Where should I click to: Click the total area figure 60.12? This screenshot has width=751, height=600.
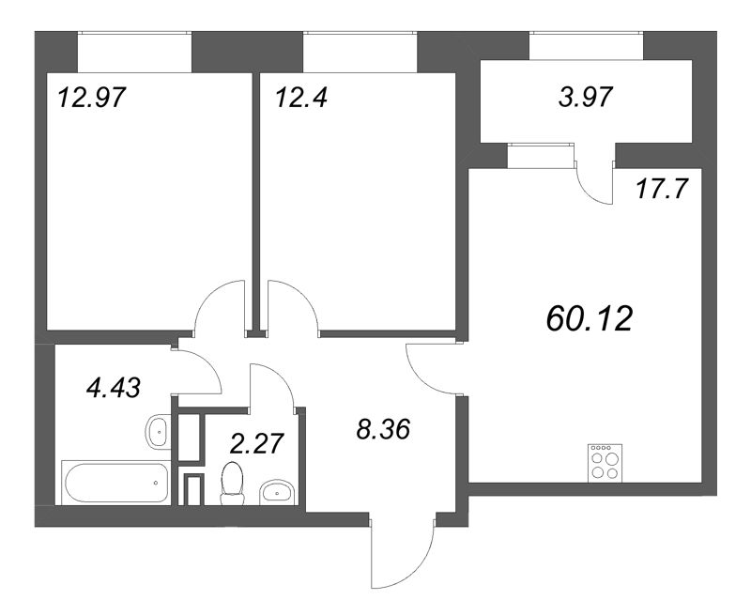click(590, 319)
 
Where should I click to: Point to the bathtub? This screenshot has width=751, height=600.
click(115, 483)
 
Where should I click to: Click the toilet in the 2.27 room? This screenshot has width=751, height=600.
click(230, 482)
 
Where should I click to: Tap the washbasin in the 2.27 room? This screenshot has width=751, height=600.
click(276, 491)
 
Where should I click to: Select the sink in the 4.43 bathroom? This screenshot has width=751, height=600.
click(158, 431)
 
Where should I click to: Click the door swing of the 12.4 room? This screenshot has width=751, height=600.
click(293, 306)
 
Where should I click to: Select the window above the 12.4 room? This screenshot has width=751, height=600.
click(360, 44)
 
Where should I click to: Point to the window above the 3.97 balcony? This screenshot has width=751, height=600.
click(587, 44)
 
